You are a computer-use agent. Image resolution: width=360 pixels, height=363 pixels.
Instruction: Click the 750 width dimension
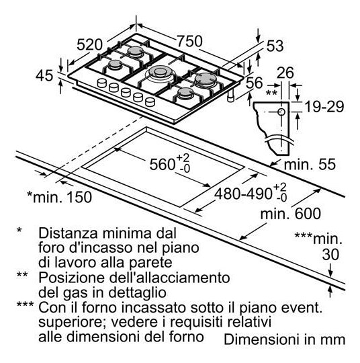[189, 41]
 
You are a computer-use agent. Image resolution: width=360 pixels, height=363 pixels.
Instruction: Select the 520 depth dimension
[89, 44]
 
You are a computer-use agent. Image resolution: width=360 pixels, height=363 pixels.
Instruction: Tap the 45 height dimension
[44, 75]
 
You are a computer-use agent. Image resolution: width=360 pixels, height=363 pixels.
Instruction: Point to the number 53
[275, 46]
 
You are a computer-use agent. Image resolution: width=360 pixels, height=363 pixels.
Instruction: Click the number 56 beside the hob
[255, 83]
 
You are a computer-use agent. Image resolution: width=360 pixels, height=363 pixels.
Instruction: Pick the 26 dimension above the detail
[285, 73]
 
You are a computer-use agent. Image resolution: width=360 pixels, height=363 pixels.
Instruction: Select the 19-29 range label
[324, 107]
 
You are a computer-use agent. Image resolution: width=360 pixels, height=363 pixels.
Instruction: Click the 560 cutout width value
[170, 164]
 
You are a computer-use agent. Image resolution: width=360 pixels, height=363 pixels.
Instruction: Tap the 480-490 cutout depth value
[251, 193]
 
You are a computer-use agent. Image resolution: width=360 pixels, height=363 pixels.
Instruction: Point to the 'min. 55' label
[310, 165]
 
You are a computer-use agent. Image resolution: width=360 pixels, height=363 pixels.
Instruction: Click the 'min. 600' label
[291, 214]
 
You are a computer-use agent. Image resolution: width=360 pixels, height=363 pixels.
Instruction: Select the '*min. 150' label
[60, 197]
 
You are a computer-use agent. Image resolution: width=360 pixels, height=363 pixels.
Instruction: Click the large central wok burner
[159, 72]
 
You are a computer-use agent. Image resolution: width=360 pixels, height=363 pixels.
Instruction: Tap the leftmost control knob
[102, 83]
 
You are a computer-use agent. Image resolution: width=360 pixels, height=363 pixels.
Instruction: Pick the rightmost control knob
[150, 102]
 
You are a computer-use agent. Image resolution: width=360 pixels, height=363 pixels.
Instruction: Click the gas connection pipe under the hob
[231, 95]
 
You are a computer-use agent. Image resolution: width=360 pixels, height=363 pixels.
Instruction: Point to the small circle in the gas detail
[281, 112]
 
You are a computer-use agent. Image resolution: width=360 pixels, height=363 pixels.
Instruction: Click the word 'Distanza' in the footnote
[69, 233]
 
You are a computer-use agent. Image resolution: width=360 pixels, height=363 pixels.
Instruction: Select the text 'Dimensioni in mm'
[284, 339]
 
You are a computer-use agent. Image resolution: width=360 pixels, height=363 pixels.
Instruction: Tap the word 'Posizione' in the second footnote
[71, 278]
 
